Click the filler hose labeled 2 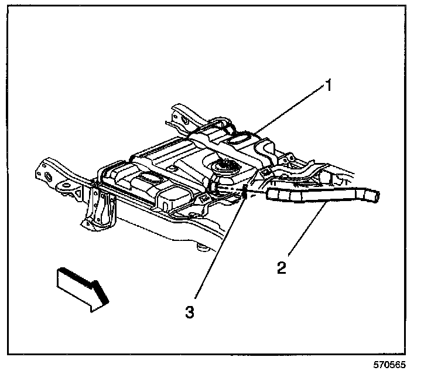[316, 195]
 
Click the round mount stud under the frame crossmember [203, 249]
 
